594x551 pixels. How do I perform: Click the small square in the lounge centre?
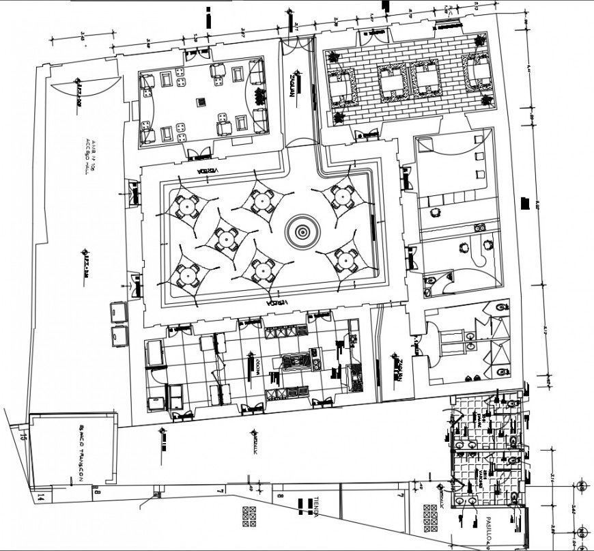click(x=201, y=102)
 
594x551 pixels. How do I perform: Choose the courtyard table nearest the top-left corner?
click(x=187, y=204)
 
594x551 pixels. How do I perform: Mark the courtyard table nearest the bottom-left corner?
click(x=187, y=274)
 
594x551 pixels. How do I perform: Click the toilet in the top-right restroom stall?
click(x=503, y=309)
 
